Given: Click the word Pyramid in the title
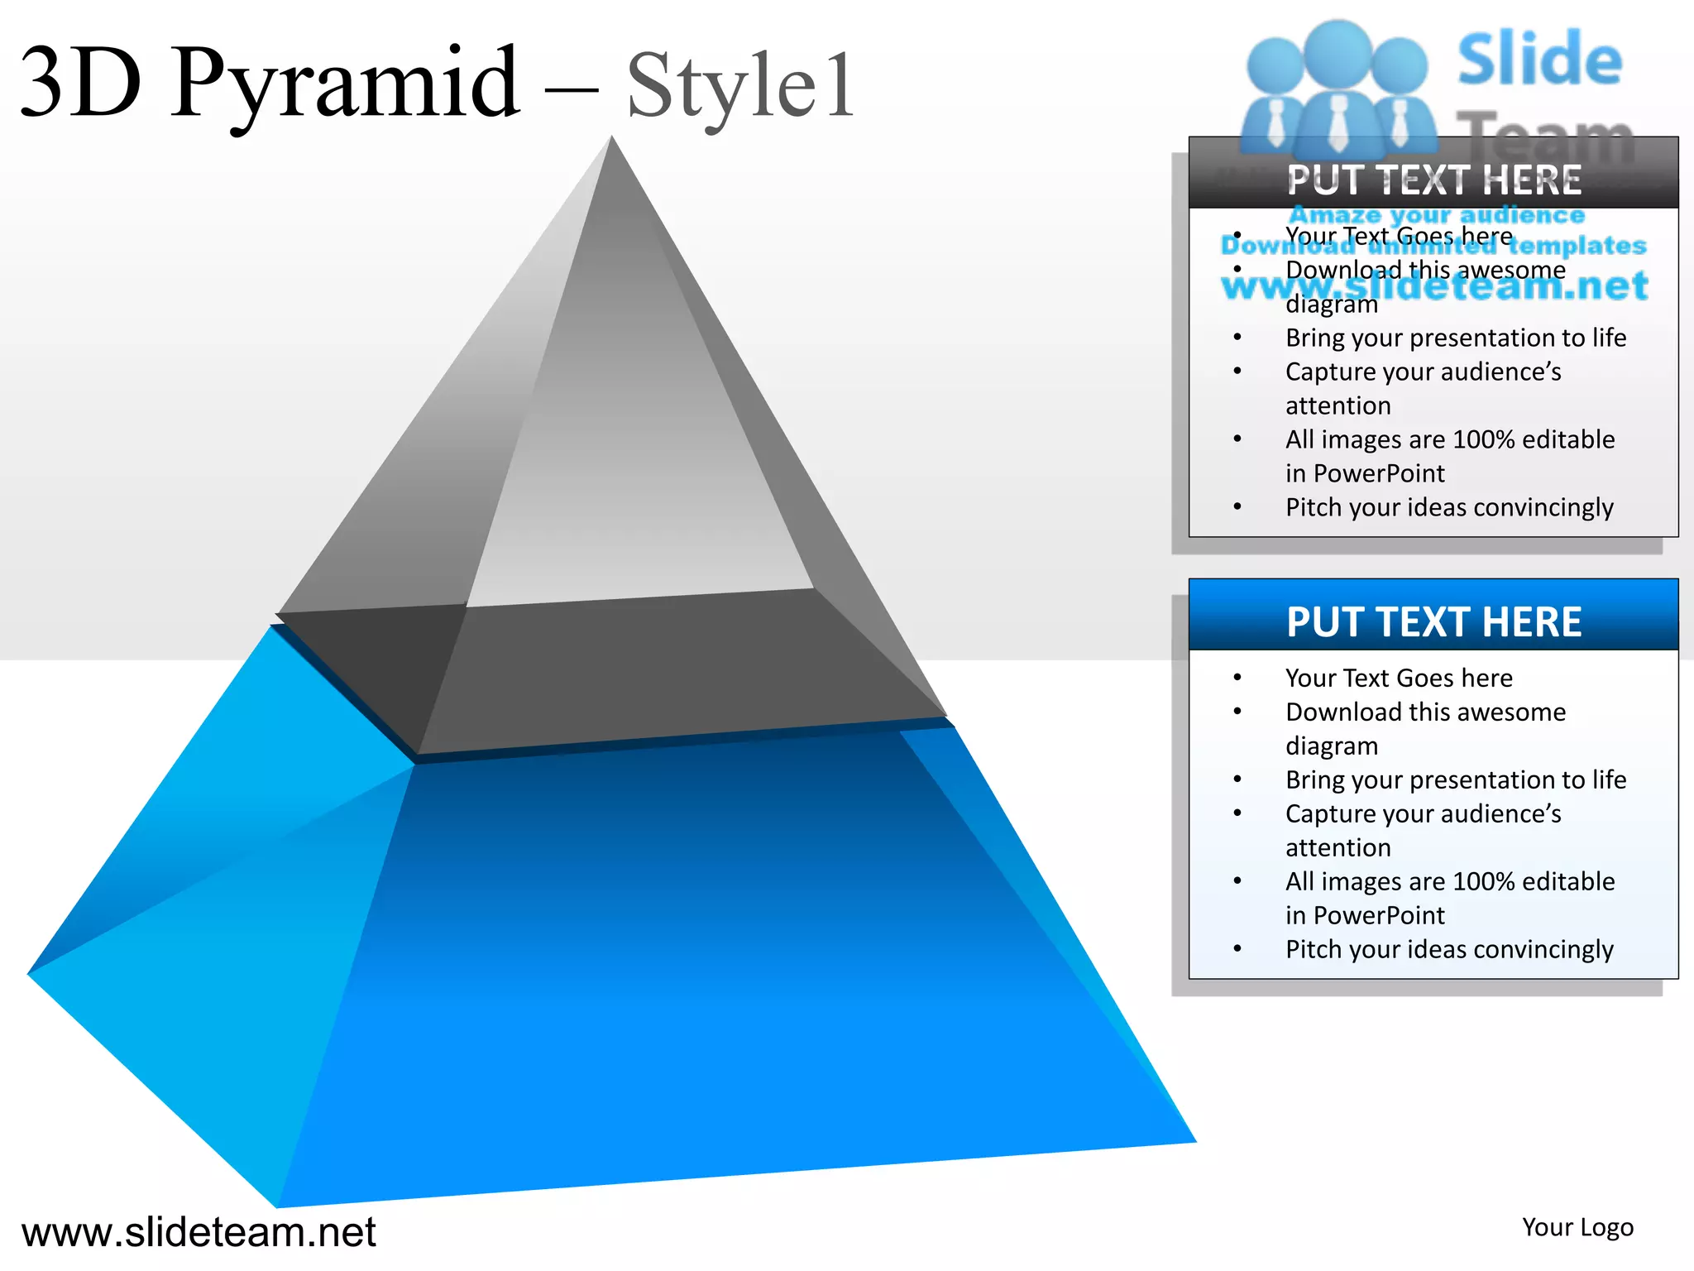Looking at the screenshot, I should [346, 83].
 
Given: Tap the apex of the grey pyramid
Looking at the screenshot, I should [612, 138].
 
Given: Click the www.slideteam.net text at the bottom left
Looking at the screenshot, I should [199, 1232].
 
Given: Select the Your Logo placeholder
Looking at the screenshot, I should [1577, 1227].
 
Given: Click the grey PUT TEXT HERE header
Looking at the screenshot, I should [1433, 180].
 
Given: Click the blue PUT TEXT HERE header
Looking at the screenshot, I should [1433, 621].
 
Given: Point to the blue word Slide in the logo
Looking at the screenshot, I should [1539, 60].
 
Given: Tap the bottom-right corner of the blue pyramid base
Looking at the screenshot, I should [1194, 1141].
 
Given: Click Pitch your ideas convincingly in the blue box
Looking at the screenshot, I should [1449, 949].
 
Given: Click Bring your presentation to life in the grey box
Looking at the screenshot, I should [1456, 338].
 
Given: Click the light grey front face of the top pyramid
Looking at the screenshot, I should [637, 496].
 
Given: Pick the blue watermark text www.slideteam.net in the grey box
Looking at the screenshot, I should [1434, 286].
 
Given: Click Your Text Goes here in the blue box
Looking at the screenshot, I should [1399, 678].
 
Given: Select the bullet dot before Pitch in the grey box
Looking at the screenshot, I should [1237, 506].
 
